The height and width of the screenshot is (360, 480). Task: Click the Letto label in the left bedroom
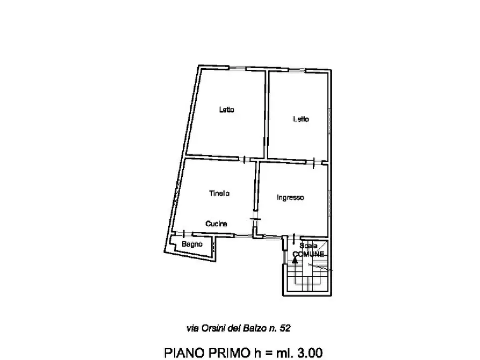point(226,110)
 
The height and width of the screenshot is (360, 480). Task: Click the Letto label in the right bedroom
point(301,119)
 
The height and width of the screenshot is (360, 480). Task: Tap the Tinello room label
point(219,193)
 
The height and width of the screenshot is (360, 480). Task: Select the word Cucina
point(216,224)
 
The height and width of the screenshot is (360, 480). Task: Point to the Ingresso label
point(290,198)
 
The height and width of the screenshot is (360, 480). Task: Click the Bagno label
point(192,244)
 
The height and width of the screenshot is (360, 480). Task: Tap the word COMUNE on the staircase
point(309,254)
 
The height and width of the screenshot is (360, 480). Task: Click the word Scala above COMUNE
point(309,246)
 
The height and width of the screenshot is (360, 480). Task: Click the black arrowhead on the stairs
point(295,260)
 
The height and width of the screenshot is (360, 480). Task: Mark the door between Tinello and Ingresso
point(255,219)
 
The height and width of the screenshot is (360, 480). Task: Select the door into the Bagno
point(183,234)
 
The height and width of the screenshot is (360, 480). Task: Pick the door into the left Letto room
point(244,160)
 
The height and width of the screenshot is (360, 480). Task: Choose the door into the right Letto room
point(314,163)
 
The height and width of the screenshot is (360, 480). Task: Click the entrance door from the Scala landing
point(294,238)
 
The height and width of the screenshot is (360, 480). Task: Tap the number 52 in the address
point(285,328)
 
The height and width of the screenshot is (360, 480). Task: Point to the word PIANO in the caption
point(184,352)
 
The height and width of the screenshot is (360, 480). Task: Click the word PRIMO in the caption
point(228,352)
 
